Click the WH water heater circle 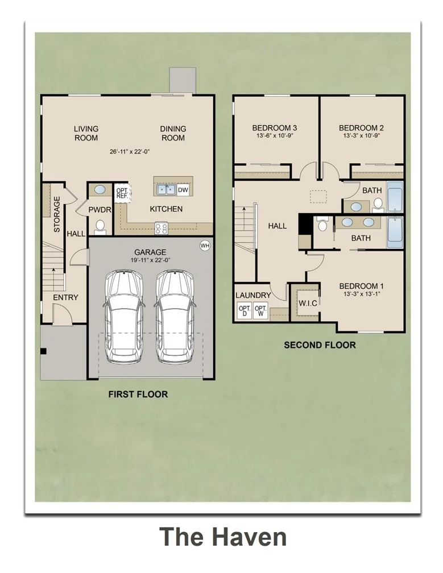205,246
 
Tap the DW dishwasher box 183,190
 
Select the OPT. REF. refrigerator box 122,193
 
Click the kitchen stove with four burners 161,229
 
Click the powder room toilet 100,227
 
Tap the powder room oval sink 100,190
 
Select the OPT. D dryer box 245,311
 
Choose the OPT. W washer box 260,311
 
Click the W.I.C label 308,303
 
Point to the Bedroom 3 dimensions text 274,135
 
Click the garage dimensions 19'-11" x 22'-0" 150,260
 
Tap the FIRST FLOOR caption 138,395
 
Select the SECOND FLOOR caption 320,345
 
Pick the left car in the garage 123,317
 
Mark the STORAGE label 57,214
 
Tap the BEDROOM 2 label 361,128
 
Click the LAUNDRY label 253,295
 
